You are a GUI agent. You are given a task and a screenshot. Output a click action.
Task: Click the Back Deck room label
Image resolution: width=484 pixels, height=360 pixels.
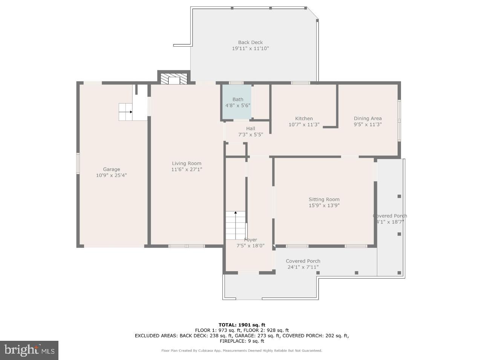tap(250, 43)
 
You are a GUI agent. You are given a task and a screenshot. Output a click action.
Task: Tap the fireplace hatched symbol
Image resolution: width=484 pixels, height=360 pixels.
tap(174, 79)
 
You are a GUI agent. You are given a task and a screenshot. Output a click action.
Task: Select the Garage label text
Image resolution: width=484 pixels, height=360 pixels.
tap(111, 169)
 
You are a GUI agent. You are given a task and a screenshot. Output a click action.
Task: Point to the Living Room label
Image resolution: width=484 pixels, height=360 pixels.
tap(187, 163)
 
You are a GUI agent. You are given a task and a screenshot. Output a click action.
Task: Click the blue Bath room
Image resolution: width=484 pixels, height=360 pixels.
tap(237, 102)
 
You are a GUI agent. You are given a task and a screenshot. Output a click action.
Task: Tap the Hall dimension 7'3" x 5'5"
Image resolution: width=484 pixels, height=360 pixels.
tap(250, 134)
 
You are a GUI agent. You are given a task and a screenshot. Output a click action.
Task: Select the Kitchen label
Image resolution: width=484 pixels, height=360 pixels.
tap(304, 119)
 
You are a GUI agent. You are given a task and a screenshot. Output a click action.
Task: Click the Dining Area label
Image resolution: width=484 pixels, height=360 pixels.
tap(368, 119)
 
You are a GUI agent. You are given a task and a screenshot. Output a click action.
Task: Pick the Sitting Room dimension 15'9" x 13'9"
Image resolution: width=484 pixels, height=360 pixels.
tap(324, 206)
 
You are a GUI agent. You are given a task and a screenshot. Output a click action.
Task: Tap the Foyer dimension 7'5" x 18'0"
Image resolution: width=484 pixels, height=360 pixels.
tap(250, 246)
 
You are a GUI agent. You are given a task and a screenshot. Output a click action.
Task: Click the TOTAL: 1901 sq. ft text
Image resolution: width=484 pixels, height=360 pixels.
tap(242, 325)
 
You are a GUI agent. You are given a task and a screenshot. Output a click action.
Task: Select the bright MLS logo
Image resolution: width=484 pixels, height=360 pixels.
tap(29, 350)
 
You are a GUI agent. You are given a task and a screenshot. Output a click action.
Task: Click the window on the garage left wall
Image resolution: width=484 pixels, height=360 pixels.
tap(78, 163)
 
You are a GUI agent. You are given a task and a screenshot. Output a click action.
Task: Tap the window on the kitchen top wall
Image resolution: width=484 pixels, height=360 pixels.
tap(300, 83)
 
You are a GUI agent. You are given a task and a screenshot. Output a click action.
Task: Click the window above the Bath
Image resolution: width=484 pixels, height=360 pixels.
tap(236, 83)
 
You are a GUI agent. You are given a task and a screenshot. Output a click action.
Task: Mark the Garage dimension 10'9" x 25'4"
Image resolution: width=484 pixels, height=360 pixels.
tap(111, 175)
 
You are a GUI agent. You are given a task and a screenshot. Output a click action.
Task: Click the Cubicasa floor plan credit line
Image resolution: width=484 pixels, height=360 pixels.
tap(242, 351)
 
